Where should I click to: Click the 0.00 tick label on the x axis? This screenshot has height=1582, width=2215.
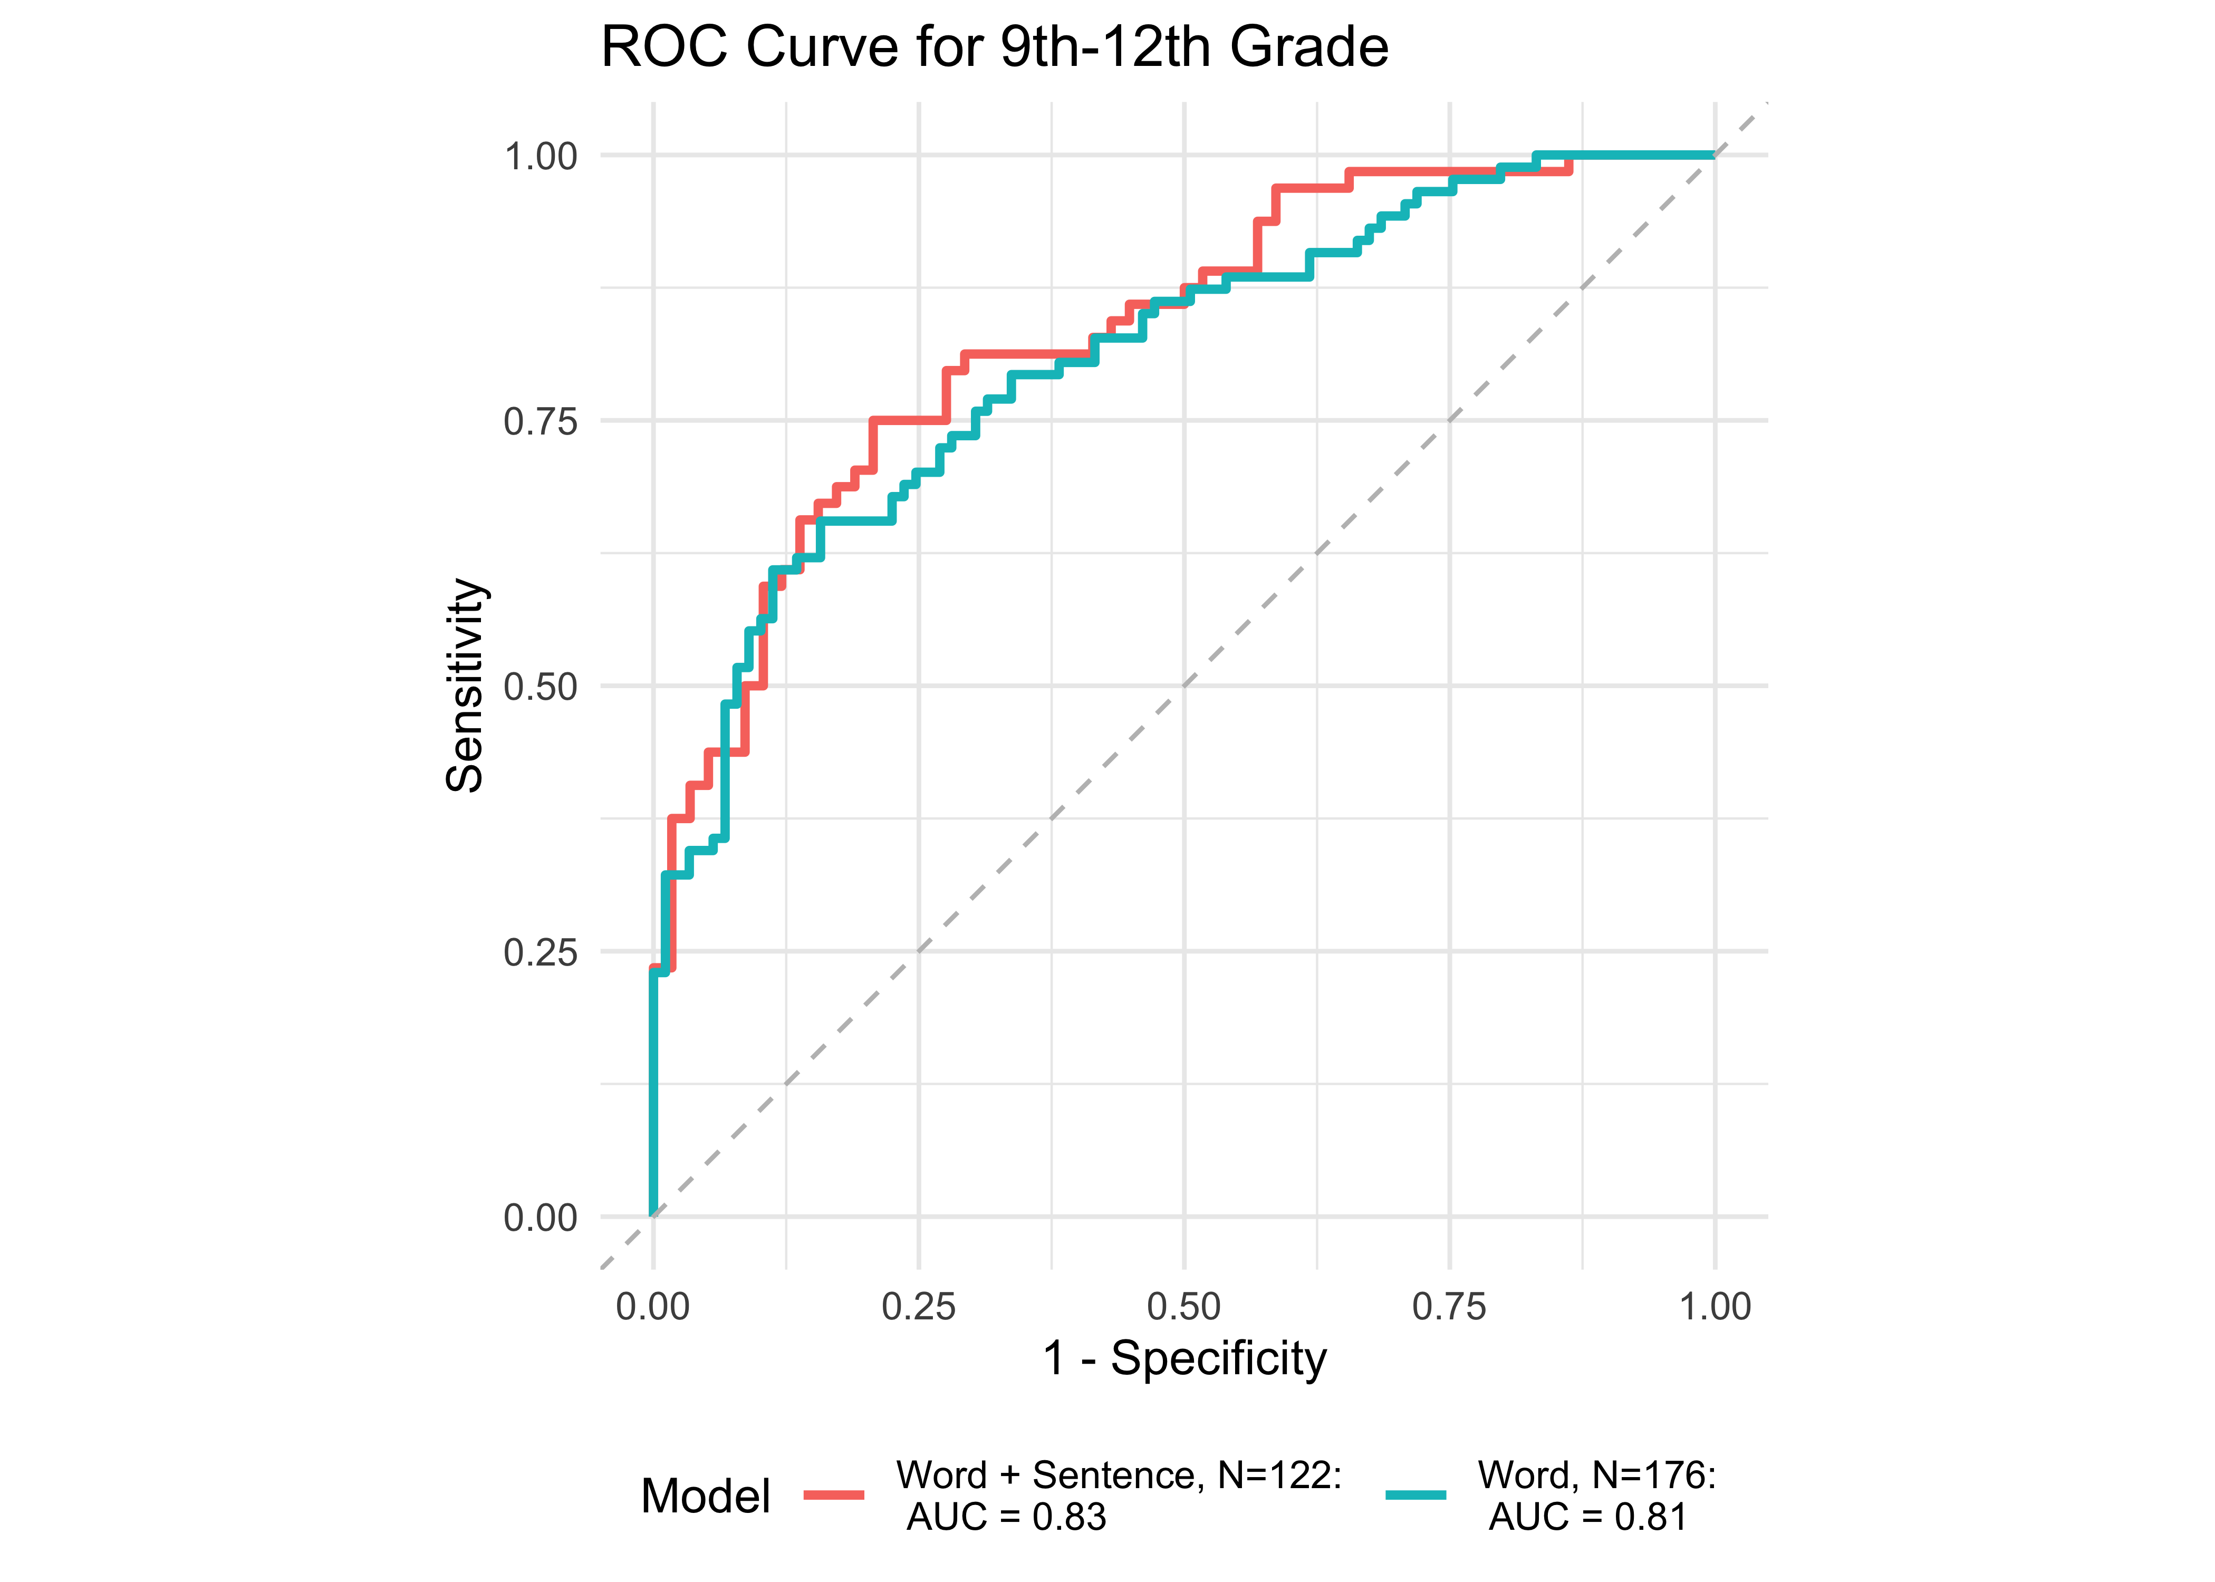point(652,1306)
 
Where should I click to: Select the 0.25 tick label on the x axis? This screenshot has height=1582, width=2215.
point(919,1306)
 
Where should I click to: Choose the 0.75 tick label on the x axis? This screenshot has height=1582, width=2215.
point(1449,1306)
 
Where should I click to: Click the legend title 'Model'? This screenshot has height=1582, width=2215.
point(705,1496)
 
